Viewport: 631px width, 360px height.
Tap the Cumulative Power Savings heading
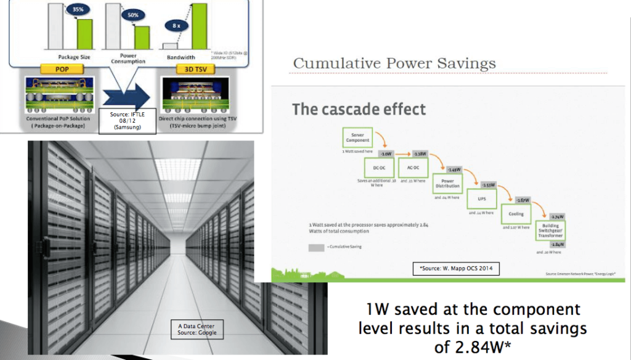(x=394, y=63)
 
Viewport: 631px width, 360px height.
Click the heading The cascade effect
(x=359, y=110)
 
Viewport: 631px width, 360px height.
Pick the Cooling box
(x=516, y=213)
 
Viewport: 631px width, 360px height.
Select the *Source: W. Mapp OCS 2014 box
(x=455, y=268)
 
